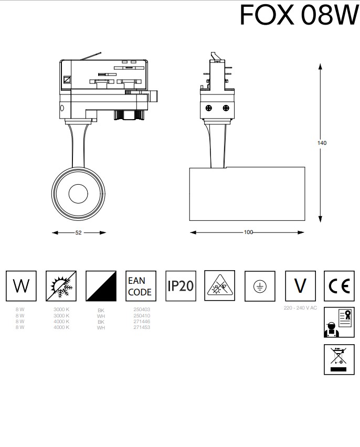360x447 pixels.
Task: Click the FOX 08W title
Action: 299,15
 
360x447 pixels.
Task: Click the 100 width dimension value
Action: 248,232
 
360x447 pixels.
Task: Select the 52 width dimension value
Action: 78,232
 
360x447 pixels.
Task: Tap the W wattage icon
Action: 21,286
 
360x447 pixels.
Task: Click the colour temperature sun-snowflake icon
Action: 61,286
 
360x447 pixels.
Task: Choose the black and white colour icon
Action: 101,286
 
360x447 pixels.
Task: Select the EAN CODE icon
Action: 141,286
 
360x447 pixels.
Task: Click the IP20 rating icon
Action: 181,286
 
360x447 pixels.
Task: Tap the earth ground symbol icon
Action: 260,286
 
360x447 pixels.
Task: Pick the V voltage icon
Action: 300,286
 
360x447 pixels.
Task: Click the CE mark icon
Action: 338,286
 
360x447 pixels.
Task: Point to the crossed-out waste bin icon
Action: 338,359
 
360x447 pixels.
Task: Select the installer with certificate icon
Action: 338,322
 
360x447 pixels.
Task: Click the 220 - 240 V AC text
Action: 300,307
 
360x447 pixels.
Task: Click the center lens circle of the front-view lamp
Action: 78,193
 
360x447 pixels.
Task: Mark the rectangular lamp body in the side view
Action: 247,194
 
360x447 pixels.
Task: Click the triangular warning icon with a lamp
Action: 220,286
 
